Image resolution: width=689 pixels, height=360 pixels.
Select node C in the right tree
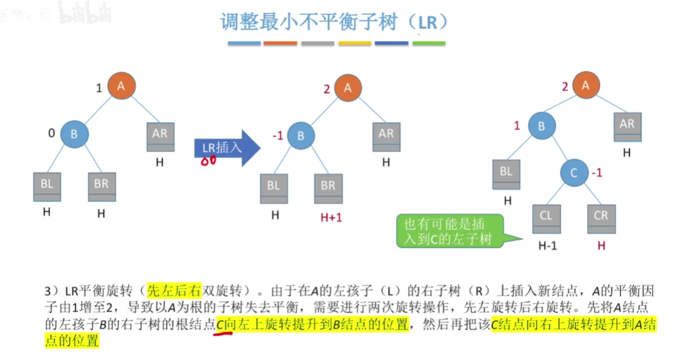[574, 174]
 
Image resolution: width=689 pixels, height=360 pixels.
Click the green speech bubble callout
[448, 231]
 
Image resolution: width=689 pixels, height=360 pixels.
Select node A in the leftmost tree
[121, 86]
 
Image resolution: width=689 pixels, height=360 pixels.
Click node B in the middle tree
[301, 136]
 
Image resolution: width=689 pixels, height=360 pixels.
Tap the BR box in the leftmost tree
[102, 187]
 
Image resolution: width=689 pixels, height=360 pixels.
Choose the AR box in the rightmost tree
[627, 127]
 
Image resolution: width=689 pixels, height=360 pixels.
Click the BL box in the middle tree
[273, 187]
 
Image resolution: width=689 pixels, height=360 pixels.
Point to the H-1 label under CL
[547, 246]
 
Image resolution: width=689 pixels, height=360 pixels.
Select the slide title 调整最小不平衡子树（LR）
[335, 22]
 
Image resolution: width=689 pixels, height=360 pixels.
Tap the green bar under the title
[429, 44]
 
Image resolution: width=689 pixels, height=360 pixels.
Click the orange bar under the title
[281, 44]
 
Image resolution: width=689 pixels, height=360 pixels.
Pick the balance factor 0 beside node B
[51, 134]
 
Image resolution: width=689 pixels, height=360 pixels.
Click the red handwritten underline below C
[224, 333]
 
